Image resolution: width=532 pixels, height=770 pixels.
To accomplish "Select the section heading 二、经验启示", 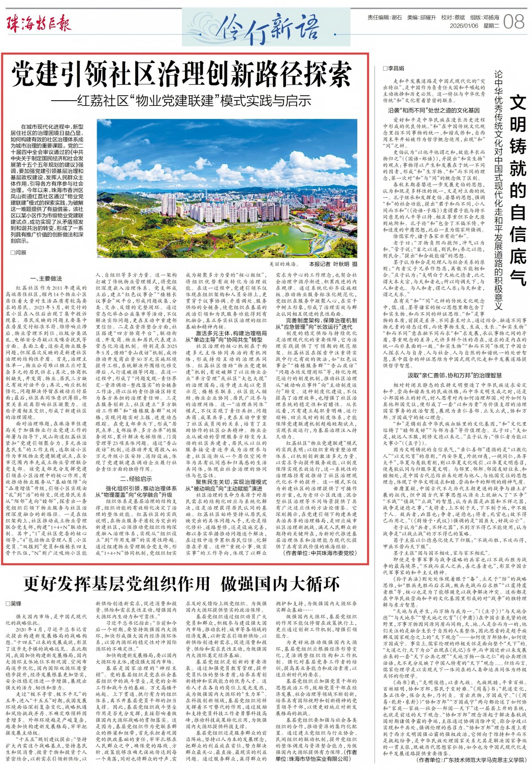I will [x=136, y=479].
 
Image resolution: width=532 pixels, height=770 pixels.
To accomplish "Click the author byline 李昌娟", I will [x=394, y=69].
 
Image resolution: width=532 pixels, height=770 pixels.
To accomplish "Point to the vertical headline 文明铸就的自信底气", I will [x=517, y=191].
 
